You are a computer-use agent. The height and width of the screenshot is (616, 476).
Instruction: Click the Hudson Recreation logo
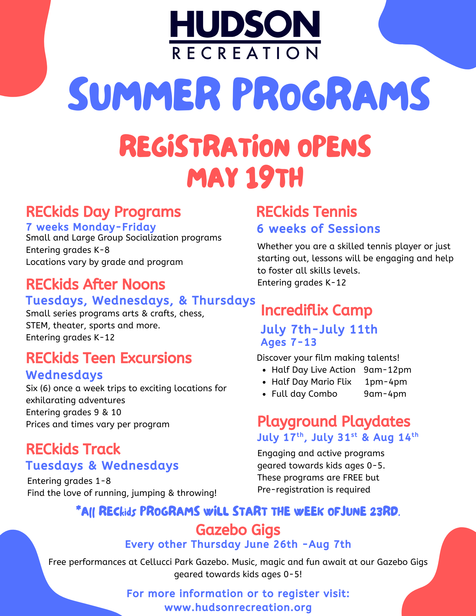click(245, 35)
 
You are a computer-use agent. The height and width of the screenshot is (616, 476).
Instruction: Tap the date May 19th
click(245, 178)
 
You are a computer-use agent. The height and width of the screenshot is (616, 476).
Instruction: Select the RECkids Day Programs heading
click(103, 212)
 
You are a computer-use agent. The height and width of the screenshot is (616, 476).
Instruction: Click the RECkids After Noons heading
click(96, 284)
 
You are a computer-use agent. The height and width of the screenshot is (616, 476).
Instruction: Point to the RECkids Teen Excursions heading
click(109, 358)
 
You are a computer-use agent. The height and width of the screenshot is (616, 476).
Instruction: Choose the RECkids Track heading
click(73, 449)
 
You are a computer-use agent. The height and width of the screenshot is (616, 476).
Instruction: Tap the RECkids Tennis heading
click(307, 212)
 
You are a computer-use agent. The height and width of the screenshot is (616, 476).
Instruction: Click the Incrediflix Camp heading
click(316, 310)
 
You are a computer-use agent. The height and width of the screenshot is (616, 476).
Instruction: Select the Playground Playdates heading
click(334, 421)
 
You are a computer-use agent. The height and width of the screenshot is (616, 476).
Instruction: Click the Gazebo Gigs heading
click(238, 530)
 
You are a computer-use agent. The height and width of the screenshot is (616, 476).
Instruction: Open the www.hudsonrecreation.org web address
click(238, 608)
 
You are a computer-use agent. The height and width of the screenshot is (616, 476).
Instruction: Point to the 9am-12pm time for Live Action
click(387, 370)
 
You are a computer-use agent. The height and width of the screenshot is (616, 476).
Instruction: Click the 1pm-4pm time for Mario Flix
click(386, 382)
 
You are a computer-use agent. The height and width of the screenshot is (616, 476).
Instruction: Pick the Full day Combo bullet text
click(304, 394)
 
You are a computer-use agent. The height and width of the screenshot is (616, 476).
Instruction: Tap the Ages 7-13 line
click(288, 342)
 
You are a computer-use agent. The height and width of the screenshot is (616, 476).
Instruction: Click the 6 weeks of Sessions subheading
click(319, 229)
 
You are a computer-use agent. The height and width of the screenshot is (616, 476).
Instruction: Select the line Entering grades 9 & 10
click(74, 412)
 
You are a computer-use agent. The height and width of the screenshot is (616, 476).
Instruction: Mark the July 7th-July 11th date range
click(319, 330)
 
